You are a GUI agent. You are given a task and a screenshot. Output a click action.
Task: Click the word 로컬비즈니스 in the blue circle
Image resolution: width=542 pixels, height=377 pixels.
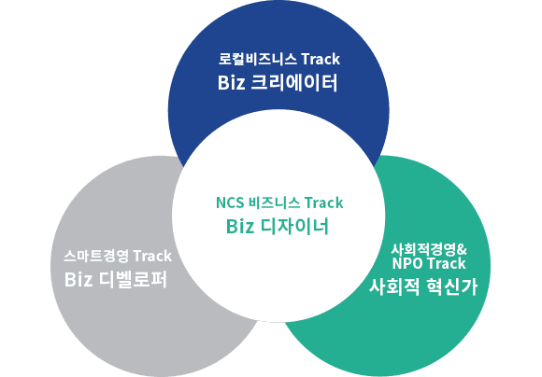coord(257,59)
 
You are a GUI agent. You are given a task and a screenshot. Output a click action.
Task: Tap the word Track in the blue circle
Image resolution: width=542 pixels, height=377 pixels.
coord(321,59)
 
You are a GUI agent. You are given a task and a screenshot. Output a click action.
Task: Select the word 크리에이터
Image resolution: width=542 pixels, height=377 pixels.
coord(293,82)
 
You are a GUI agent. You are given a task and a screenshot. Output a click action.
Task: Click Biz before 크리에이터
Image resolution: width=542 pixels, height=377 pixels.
coord(231,83)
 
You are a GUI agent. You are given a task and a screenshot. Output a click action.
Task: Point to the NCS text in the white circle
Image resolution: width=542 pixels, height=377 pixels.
coord(230,202)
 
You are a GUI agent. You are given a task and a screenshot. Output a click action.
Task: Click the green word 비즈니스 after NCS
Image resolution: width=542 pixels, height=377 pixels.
coord(274,202)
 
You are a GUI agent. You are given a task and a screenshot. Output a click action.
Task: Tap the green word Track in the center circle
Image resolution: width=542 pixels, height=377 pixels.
coord(324,202)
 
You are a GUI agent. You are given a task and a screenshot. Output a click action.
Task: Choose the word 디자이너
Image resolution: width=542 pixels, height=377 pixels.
coord(294,227)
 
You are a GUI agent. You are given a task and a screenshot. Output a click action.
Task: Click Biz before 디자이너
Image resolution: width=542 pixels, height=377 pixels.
coord(240,227)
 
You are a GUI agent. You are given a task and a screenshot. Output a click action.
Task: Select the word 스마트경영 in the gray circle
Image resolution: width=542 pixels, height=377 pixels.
coord(96,256)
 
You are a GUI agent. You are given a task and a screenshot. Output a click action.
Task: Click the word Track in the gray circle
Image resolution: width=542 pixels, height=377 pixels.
coord(152,256)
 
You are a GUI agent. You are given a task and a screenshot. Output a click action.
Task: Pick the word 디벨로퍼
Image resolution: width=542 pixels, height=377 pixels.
coord(133,279)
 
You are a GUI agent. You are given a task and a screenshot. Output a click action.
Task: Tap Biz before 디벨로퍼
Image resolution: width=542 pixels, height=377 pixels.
coord(78,280)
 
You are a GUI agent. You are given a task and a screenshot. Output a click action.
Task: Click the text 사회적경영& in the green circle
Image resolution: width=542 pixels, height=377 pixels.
coord(429,249)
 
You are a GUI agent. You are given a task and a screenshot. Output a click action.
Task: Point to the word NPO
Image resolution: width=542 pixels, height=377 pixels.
coord(407,263)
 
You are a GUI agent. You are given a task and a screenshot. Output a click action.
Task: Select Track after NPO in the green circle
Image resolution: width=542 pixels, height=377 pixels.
coord(447,263)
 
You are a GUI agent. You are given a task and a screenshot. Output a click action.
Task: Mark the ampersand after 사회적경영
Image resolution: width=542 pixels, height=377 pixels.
coord(462,249)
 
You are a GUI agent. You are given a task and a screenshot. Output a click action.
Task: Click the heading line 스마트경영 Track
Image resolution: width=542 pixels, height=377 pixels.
coord(118,256)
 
